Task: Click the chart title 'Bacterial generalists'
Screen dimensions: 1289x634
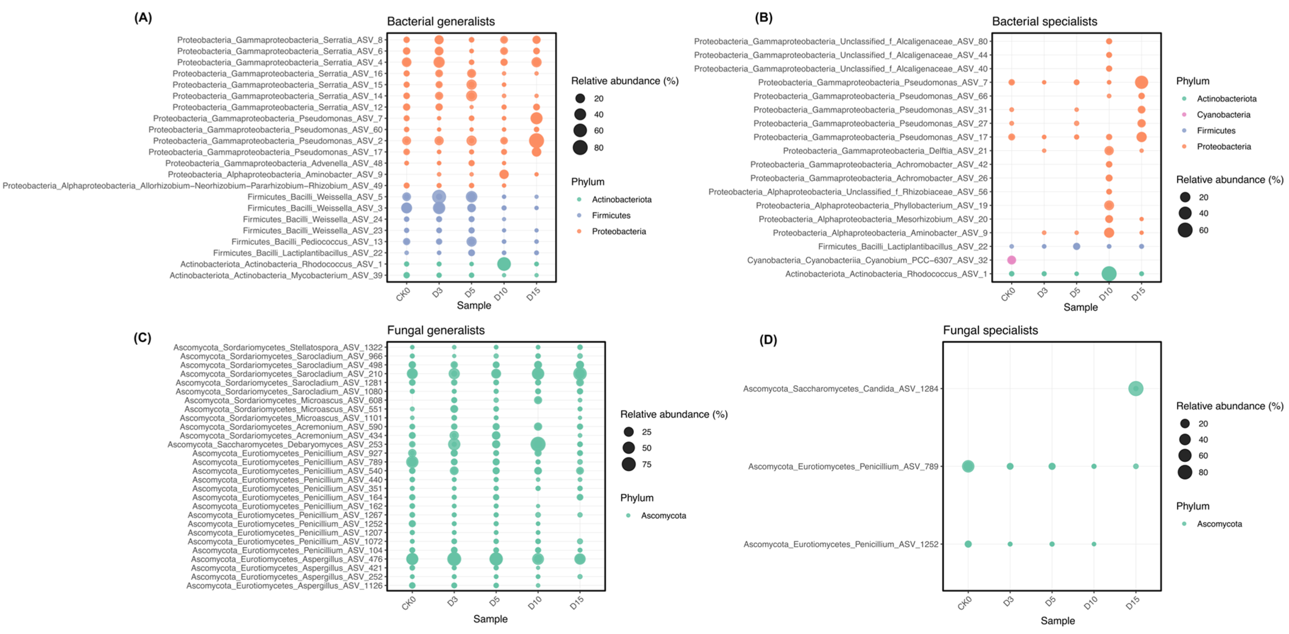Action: tap(441, 22)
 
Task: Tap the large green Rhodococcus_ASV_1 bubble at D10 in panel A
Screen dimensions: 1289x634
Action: tap(504, 264)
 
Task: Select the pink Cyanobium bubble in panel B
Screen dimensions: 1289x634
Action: tap(1011, 260)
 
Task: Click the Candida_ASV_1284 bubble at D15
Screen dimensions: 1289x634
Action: tap(1135, 388)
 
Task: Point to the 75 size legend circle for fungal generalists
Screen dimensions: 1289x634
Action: tap(629, 464)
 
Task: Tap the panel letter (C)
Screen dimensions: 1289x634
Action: tap(142, 337)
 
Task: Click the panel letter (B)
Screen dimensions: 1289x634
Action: tap(764, 18)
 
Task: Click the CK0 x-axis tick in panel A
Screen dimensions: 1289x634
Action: tap(403, 294)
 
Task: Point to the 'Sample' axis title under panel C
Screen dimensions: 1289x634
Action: tap(490, 619)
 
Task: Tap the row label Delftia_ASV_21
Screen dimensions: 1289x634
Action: tap(885, 151)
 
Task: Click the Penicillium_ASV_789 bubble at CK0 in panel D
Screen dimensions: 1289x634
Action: tap(968, 466)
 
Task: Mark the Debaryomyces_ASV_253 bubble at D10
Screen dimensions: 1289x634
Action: tap(538, 444)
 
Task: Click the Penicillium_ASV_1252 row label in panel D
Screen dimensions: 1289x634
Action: tap(841, 544)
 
